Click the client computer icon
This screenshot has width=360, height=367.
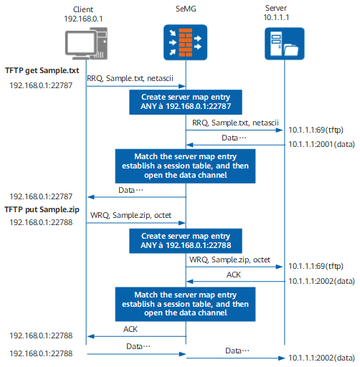(x=86, y=44)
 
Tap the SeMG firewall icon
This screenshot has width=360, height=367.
(x=185, y=42)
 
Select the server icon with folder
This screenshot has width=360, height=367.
(x=285, y=44)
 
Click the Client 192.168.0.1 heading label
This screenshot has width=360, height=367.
(x=83, y=14)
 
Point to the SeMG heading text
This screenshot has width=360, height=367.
(x=186, y=9)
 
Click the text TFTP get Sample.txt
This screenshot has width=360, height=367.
(x=42, y=70)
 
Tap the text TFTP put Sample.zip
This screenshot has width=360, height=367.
(x=42, y=209)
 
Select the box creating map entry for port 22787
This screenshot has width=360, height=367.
(x=186, y=102)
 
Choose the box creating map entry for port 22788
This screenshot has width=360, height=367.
(x=186, y=241)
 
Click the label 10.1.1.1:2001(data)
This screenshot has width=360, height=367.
(x=321, y=144)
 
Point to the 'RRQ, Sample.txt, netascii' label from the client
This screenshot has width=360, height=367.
(x=130, y=78)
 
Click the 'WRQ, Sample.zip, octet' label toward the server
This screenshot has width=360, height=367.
(x=229, y=259)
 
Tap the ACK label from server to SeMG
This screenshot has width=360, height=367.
(x=234, y=275)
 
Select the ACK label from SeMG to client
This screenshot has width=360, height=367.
(x=131, y=329)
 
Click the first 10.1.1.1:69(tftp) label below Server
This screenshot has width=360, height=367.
(x=316, y=130)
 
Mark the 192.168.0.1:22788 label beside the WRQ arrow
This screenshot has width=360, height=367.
(x=41, y=222)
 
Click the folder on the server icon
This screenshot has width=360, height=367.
(x=291, y=49)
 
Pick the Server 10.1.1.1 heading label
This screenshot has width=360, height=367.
(x=276, y=13)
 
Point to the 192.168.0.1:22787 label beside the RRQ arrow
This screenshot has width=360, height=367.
(x=41, y=85)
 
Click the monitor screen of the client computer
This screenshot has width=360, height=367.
(x=80, y=43)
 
